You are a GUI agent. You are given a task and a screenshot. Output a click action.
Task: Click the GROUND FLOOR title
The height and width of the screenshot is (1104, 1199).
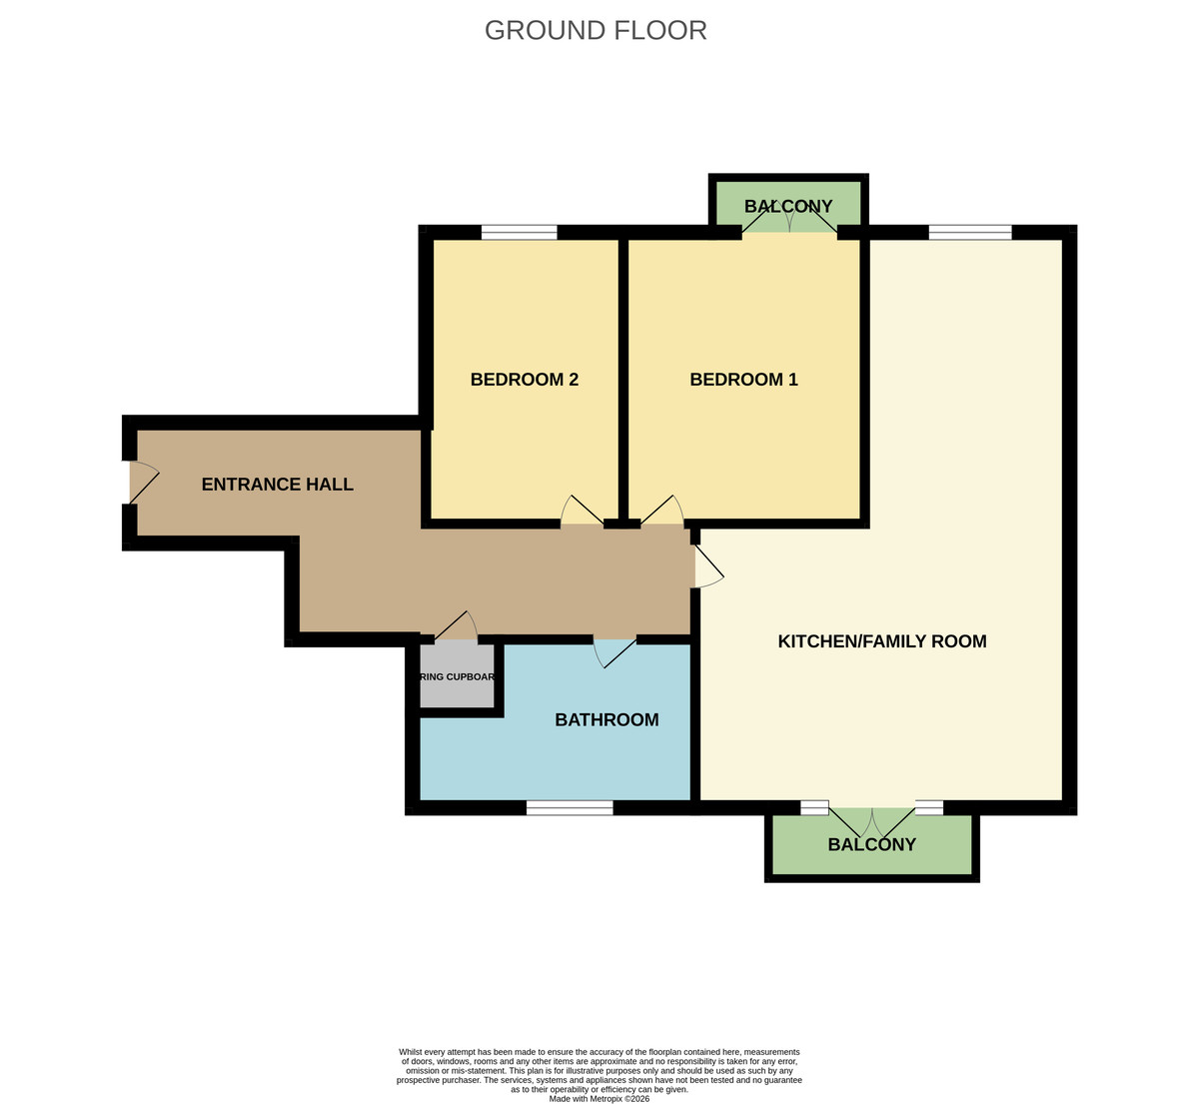[596, 30]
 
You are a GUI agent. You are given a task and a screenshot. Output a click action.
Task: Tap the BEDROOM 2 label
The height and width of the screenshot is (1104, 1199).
[525, 380]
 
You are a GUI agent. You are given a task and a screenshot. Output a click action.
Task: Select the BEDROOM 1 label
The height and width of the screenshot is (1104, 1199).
[743, 380]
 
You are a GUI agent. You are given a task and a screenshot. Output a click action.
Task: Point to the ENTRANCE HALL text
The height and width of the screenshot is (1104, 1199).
[277, 485]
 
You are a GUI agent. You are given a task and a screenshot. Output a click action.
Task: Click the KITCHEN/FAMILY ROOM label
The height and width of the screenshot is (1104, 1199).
[881, 641]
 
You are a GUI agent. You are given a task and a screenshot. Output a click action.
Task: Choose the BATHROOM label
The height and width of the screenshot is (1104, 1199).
[606, 719]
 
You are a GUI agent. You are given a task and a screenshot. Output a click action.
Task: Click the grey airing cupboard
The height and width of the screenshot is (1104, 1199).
[457, 677]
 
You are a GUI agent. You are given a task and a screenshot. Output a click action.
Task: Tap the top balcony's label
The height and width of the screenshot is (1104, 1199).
[788, 207]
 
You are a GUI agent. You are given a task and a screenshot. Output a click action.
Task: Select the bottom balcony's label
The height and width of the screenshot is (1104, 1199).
[871, 844]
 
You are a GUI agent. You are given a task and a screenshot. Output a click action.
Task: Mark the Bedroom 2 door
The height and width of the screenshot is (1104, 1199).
[583, 511]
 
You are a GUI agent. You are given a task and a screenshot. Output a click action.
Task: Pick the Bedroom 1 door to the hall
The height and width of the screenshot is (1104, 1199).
[661, 511]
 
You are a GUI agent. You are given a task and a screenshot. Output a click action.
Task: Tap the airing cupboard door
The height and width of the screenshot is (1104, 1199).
[456, 626]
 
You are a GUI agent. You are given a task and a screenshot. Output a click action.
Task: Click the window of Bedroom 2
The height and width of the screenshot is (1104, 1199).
[519, 233]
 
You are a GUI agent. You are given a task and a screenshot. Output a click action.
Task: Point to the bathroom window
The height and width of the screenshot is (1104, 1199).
[570, 808]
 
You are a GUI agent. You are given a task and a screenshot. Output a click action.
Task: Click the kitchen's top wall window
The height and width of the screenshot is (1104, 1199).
[969, 233]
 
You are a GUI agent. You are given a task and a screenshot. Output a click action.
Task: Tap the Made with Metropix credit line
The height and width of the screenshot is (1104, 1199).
[599, 1098]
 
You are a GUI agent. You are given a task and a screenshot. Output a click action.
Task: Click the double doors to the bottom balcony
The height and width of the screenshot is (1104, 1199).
[872, 821]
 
